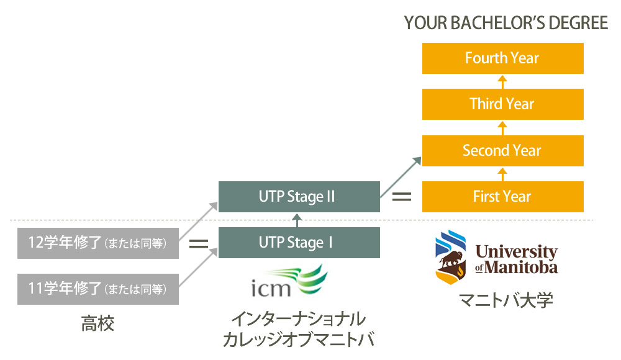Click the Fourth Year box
pos(502,58)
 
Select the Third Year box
pos(502,104)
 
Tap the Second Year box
pos(502,150)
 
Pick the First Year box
pos(502,197)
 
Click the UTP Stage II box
pos(299,197)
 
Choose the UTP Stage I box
pos(299,243)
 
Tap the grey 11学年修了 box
pos(98,289)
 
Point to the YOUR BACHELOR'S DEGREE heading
pos(505,24)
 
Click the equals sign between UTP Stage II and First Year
pos(401,197)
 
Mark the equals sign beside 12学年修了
pos(198,244)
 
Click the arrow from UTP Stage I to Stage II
pos(299,220)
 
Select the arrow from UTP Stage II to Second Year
pos(401,176)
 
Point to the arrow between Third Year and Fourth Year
pos(502,81)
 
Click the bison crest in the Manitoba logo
pos(451,256)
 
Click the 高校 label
pos(97,323)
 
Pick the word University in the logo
pos(516,252)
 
